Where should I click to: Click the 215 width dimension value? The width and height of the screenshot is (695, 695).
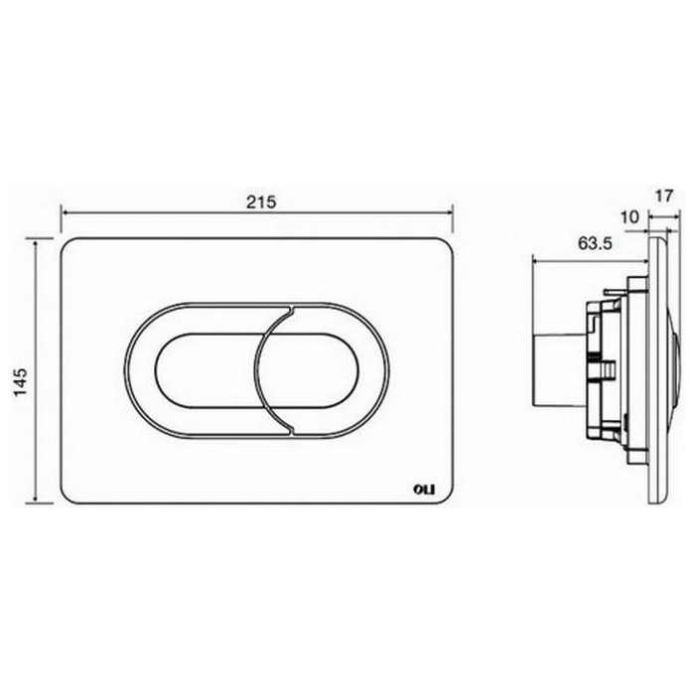(261, 202)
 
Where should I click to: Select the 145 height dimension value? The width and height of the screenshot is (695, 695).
(21, 381)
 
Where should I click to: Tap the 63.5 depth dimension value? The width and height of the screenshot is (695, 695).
(595, 243)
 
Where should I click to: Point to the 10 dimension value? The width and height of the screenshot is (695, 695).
(629, 217)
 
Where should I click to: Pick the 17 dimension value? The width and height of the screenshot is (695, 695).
(664, 196)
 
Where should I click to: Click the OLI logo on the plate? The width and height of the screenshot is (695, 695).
(425, 489)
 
